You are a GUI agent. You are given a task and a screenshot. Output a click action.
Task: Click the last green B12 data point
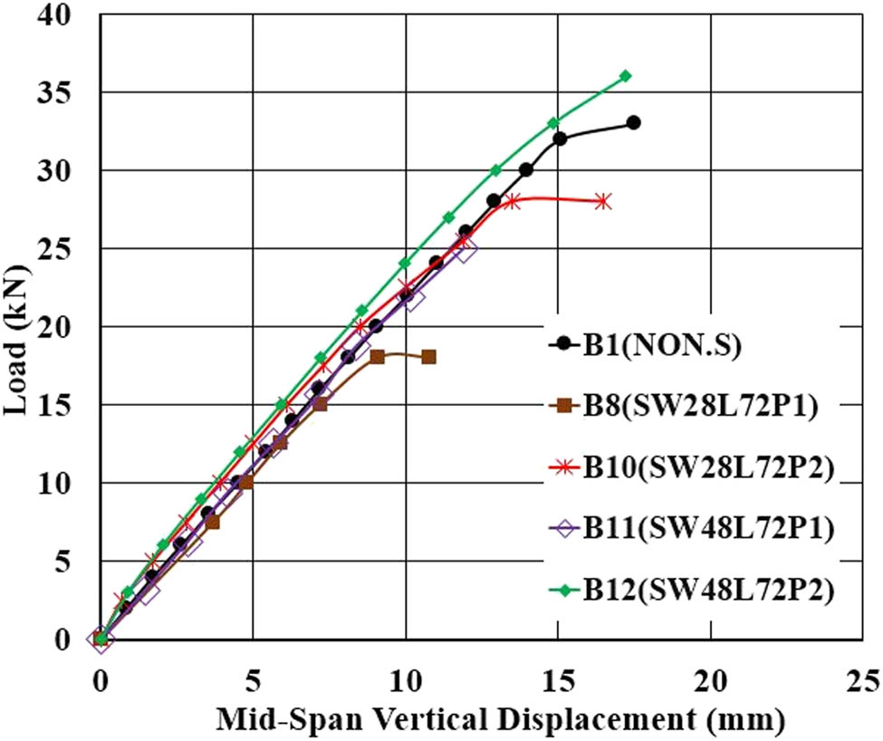[x=625, y=76]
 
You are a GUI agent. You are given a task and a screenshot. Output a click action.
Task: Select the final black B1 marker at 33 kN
[x=633, y=122]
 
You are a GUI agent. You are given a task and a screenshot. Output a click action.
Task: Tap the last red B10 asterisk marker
[x=603, y=201]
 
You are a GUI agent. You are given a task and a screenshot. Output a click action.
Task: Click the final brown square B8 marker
[x=428, y=357]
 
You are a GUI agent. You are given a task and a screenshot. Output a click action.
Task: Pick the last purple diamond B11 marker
[x=465, y=250]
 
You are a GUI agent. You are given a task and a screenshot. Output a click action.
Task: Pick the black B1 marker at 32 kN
[x=560, y=139]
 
